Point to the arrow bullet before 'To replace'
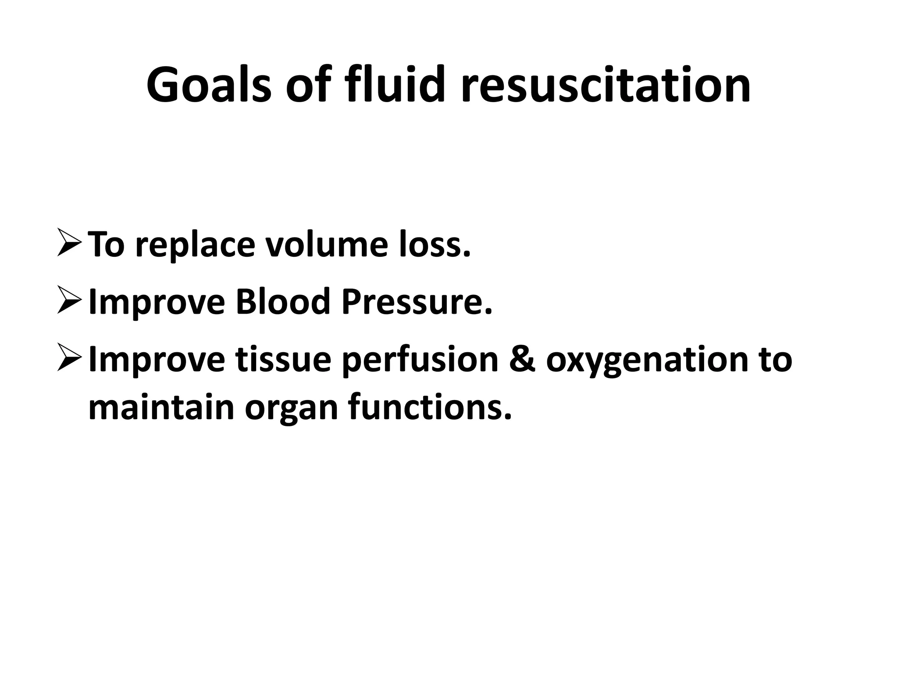tap(69, 244)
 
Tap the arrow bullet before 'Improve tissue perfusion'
tap(69, 359)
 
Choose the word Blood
tap(282, 302)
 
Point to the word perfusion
tap(420, 360)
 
